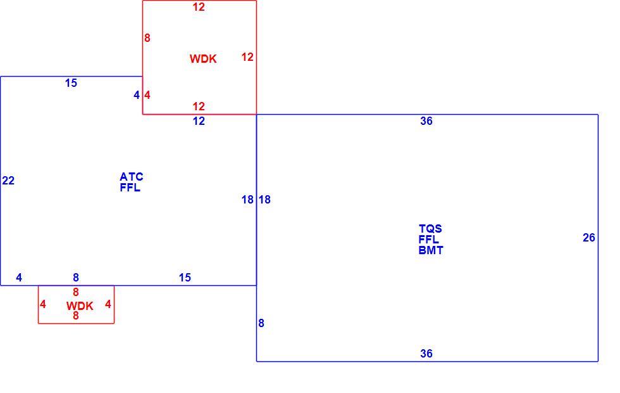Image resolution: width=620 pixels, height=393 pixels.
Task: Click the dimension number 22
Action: [x=8, y=181]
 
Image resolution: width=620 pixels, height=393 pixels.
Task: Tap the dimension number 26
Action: [x=589, y=238]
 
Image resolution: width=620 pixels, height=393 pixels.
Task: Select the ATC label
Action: [x=132, y=177]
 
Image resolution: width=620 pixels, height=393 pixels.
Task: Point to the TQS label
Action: [x=430, y=229]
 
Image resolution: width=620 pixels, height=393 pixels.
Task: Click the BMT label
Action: [x=431, y=250]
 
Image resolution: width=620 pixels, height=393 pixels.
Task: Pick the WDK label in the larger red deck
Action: [x=203, y=58]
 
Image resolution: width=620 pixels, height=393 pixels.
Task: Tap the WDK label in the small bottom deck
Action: [x=80, y=306]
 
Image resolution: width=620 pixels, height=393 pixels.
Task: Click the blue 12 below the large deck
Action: [x=199, y=121]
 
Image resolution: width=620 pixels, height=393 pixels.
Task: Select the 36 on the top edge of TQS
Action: [x=426, y=121]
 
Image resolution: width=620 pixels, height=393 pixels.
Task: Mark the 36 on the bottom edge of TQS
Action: [x=426, y=354]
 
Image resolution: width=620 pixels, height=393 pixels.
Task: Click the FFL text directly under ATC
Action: [x=130, y=188]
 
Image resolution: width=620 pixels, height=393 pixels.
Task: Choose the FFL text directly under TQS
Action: [x=429, y=240]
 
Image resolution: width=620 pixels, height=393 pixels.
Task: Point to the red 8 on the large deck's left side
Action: [x=147, y=38]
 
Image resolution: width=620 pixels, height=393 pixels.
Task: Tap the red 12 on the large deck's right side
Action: [x=247, y=57]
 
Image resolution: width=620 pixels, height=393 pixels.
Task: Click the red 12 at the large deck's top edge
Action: [x=199, y=7]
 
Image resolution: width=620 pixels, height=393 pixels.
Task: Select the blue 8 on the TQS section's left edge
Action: [x=261, y=323]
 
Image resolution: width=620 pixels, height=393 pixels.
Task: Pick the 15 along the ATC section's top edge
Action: [x=71, y=83]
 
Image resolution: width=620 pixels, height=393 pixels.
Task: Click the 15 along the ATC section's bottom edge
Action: [x=185, y=278]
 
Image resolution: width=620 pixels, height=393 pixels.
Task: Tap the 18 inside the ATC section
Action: [x=247, y=200]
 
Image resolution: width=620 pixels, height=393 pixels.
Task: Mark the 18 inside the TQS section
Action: [x=264, y=200]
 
